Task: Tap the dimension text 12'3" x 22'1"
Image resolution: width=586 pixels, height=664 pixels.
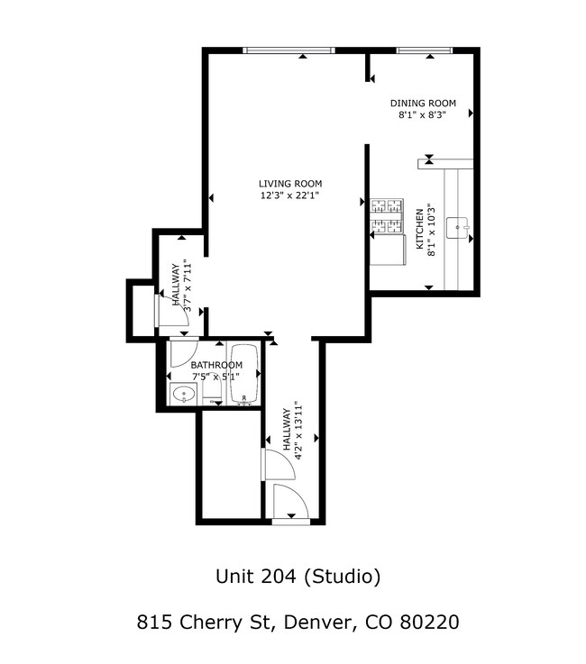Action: pos(290,195)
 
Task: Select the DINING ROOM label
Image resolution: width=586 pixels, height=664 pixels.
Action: pos(423,104)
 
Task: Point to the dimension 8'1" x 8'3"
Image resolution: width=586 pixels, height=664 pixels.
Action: pos(423,115)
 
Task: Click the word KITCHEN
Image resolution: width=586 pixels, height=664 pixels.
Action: pos(419,230)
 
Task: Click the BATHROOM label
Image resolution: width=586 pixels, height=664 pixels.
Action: pos(216,365)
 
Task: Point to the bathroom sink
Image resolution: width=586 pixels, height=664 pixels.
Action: pos(185,394)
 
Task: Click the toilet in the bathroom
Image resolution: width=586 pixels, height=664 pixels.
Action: pos(213,393)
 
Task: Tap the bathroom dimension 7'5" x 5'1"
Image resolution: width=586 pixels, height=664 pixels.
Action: pos(216,377)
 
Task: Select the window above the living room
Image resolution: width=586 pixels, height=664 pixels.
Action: pos(288,50)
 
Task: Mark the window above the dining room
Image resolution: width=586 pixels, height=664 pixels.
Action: pos(423,50)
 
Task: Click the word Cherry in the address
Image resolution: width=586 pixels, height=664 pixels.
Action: pos(209,622)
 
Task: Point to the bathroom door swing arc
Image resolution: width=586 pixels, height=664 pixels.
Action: pos(186,354)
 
